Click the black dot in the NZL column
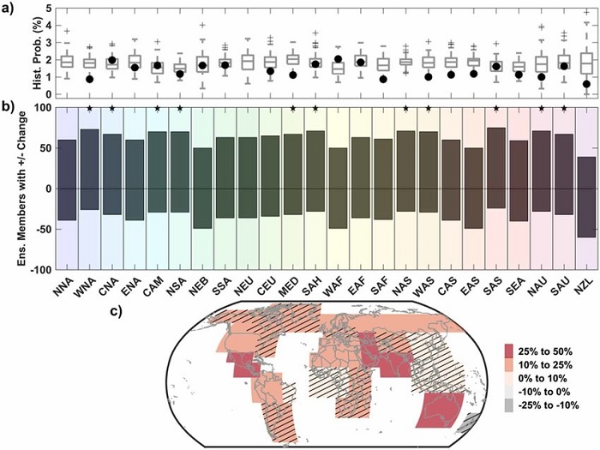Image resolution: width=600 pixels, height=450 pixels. (x=585, y=84)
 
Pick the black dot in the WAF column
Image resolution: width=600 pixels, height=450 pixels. (x=338, y=59)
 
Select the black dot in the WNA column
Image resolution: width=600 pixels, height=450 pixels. (x=88, y=79)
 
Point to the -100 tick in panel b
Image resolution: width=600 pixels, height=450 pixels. (x=39, y=270)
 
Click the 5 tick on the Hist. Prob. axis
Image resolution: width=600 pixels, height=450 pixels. (x=45, y=9)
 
